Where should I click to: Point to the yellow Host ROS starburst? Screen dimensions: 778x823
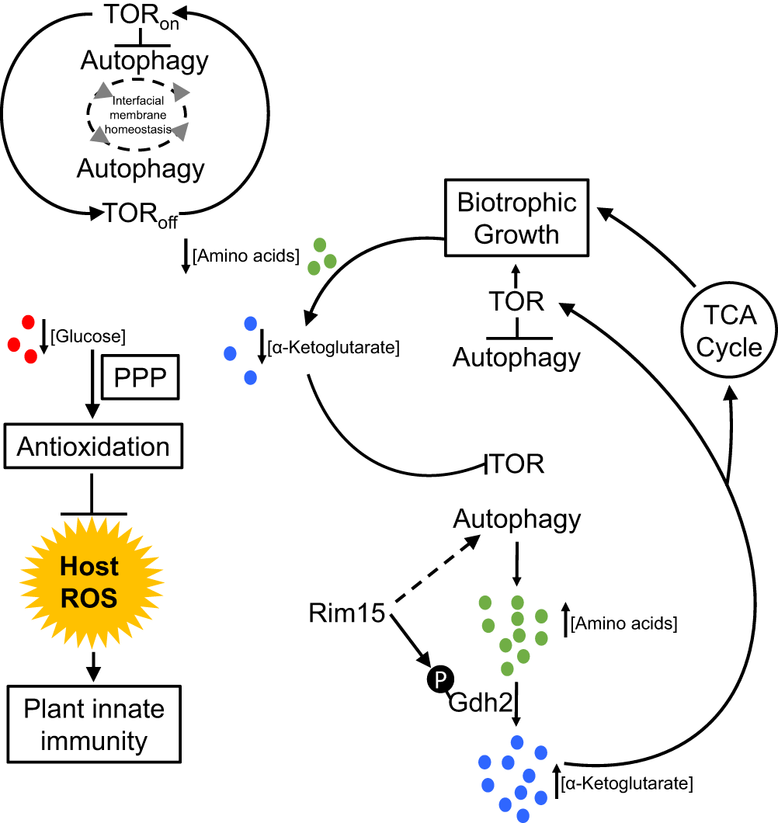[92, 582]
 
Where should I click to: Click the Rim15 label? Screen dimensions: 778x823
[346, 613]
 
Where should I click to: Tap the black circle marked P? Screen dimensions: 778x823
[440, 679]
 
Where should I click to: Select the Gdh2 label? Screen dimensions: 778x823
[481, 703]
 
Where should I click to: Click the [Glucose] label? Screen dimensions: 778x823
[89, 336]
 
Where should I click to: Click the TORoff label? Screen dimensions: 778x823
[141, 215]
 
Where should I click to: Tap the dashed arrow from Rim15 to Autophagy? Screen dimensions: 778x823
[437, 569]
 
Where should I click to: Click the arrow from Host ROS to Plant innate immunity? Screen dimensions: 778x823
[93, 667]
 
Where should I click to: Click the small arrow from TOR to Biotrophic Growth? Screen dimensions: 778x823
[516, 276]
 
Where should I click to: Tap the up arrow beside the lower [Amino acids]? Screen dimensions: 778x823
[565, 620]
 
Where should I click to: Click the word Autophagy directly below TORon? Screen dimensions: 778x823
[144, 61]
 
